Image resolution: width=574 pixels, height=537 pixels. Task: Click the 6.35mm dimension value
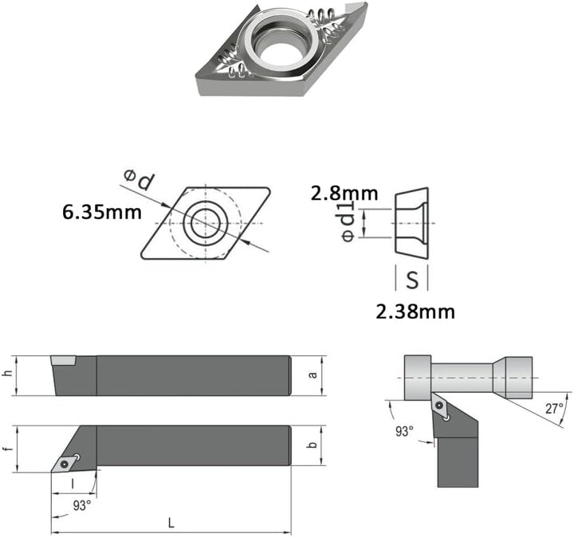[x=102, y=212]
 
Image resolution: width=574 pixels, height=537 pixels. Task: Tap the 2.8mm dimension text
[x=344, y=194]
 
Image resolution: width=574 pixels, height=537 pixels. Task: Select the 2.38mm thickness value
[x=415, y=312]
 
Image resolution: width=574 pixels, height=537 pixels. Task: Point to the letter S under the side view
[x=412, y=280]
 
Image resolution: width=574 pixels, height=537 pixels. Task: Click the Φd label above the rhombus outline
[x=140, y=179]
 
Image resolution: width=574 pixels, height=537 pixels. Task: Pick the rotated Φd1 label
[x=348, y=222]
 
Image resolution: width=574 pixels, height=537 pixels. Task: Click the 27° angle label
[x=554, y=408]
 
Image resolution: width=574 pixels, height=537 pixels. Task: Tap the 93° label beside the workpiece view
[x=404, y=431]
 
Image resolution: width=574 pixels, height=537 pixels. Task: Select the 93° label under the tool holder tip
[x=82, y=506]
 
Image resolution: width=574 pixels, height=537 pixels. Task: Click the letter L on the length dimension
[x=171, y=523]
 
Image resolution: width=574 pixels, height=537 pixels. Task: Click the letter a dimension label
[x=313, y=374]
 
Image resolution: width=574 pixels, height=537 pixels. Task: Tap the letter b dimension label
[x=313, y=445]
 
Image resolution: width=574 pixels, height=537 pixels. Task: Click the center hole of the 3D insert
[x=280, y=50]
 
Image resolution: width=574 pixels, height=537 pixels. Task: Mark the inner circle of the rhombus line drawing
[x=206, y=224]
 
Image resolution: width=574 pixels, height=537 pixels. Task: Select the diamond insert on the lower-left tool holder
[x=66, y=463]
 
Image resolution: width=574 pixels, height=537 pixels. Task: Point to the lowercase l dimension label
[x=72, y=484]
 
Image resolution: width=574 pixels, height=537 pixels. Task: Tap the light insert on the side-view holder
[x=63, y=360]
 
